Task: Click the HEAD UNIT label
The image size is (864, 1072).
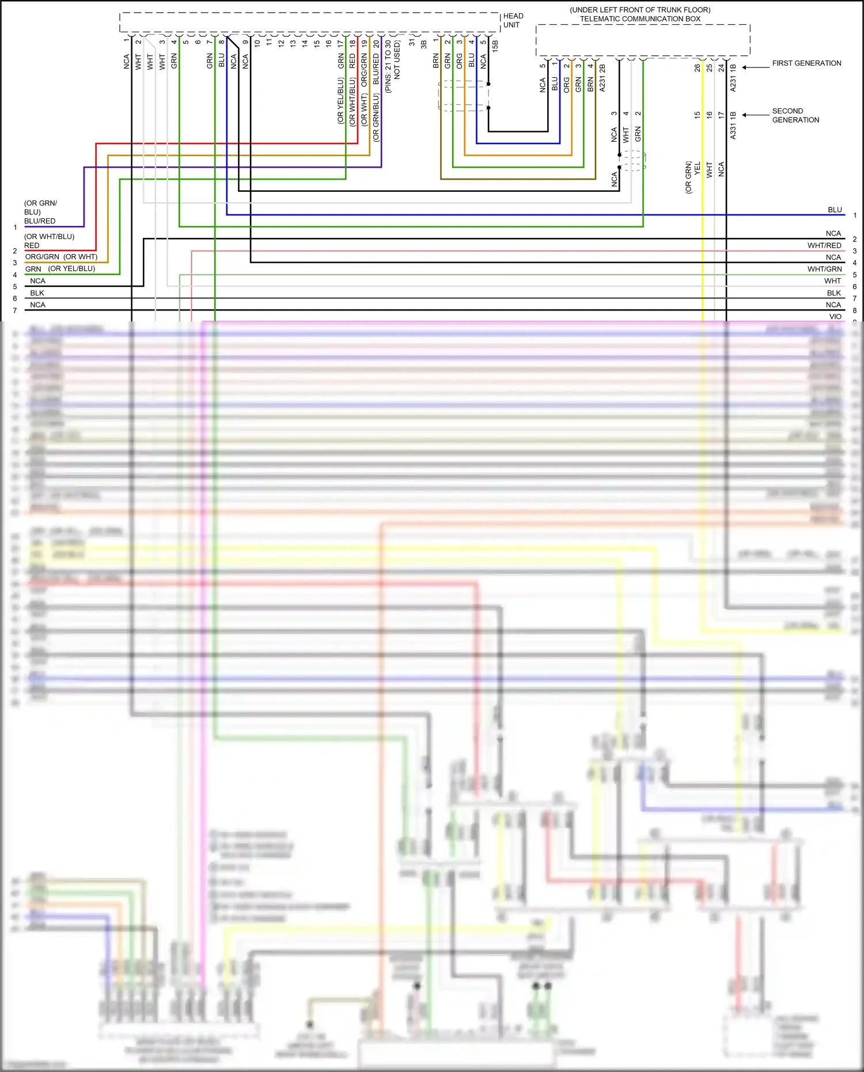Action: click(513, 20)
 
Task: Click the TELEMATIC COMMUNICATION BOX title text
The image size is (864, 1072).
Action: click(640, 19)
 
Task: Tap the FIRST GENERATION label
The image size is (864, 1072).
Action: click(806, 63)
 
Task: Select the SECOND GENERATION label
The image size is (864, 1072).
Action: click(795, 115)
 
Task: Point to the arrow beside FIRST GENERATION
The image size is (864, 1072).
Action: click(755, 67)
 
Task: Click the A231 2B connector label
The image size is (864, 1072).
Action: click(602, 78)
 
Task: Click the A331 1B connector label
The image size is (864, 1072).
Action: click(733, 125)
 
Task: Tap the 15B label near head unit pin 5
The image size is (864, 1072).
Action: click(495, 47)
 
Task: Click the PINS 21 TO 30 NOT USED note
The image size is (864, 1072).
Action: click(392, 66)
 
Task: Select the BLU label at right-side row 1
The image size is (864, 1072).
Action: click(835, 210)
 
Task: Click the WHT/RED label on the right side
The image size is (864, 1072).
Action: click(824, 245)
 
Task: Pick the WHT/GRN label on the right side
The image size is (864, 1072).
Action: click(824, 269)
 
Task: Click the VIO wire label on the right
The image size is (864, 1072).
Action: click(835, 316)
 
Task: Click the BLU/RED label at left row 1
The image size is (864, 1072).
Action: click(40, 221)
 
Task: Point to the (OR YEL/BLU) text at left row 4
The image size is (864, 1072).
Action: click(71, 269)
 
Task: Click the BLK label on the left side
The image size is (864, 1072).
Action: click(37, 293)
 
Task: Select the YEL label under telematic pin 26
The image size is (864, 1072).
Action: click(698, 169)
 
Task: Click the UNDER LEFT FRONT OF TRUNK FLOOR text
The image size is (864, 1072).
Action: click(640, 10)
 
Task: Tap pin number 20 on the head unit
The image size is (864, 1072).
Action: click(377, 44)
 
